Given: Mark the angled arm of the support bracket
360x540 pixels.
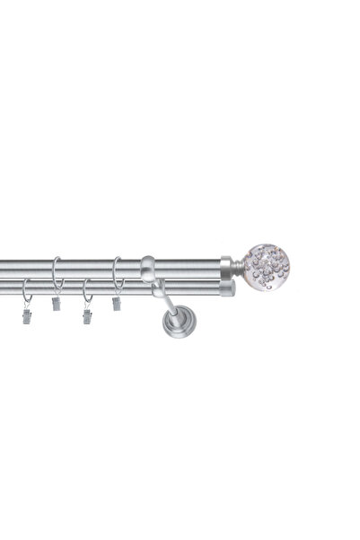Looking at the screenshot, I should tap(164, 301).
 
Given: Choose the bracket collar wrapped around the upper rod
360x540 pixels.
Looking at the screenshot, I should tap(147, 268).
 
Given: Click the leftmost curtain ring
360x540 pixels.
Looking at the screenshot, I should tap(27, 290).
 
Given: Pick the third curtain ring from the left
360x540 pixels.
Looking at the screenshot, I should tap(87, 290).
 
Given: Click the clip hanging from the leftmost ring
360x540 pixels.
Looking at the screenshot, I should tap(27, 316).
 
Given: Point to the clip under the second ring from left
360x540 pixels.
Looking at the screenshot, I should tap(57, 303).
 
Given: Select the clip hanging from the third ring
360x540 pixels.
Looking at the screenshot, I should tap(87, 315).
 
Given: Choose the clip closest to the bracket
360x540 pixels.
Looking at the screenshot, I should tap(117, 304).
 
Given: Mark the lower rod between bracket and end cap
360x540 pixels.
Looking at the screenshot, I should tap(193, 288).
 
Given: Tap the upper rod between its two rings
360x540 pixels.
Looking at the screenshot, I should tap(87, 268).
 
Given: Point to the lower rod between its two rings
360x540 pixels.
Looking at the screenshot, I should tap(57, 288).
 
